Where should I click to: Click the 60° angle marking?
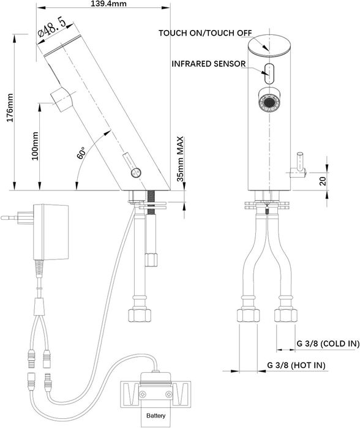(x=82, y=151)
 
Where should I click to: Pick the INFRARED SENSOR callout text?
(x=209, y=64)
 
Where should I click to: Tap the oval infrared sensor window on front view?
(x=269, y=72)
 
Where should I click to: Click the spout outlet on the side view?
(x=61, y=99)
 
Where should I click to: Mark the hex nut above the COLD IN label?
(x=285, y=317)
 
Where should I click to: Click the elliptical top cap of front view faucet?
(x=269, y=47)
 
